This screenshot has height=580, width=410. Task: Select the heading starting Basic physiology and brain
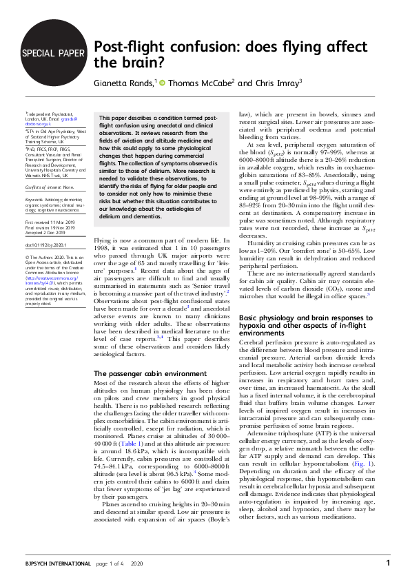(x=311, y=322)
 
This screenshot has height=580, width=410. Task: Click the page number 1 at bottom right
(x=388, y=563)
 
